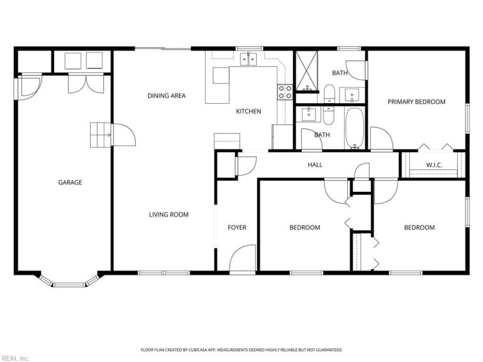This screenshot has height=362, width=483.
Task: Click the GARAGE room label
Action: point(70,182)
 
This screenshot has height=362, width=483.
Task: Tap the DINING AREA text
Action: point(167,95)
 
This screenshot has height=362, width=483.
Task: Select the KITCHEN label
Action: point(248,111)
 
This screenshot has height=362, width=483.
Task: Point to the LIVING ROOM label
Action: point(169,214)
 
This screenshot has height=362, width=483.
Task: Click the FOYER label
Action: point(237,227)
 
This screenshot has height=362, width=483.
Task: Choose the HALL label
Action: point(315,164)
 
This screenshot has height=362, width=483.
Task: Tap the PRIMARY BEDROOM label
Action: point(417,102)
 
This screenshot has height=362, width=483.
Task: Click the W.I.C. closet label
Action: point(435,164)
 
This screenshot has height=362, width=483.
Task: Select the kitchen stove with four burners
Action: point(285,92)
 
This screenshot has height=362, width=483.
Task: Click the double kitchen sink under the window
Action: point(249,59)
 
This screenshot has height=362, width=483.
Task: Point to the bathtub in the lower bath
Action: point(354,127)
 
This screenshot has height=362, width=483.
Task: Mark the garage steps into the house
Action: point(100,135)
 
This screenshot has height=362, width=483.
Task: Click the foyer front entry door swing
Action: point(243,258)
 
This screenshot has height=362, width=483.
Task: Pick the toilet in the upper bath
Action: point(329,93)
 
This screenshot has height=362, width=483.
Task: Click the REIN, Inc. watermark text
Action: point(14,358)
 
